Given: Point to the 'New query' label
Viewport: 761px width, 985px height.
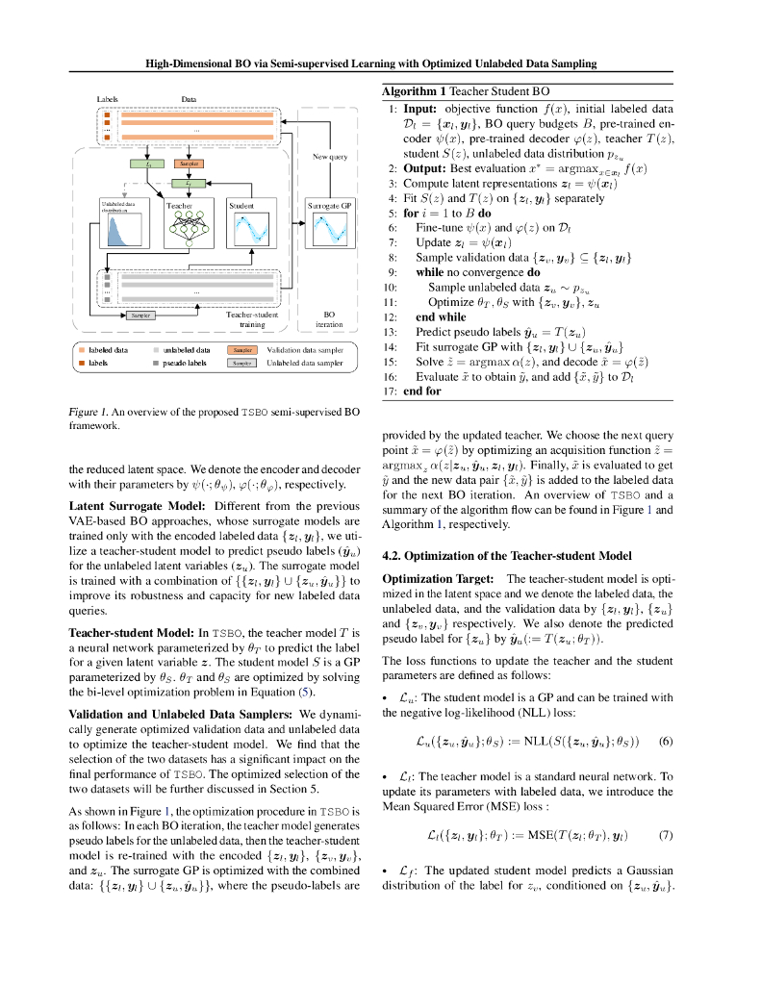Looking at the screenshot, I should pos(330,156).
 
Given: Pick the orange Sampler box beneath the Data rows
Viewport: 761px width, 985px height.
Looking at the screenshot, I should pos(189,164).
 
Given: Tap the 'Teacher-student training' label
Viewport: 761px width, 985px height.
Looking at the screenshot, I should pos(251,319).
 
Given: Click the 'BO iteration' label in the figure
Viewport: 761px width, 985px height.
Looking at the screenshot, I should pos(329,319).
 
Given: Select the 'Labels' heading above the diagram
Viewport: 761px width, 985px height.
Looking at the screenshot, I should pos(108,99).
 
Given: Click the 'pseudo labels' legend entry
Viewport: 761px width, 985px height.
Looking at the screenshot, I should pos(184,364).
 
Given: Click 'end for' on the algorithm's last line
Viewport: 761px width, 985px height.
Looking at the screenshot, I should pos(421,391).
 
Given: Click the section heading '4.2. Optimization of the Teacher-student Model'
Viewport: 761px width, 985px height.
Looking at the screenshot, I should pos(507,556).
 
